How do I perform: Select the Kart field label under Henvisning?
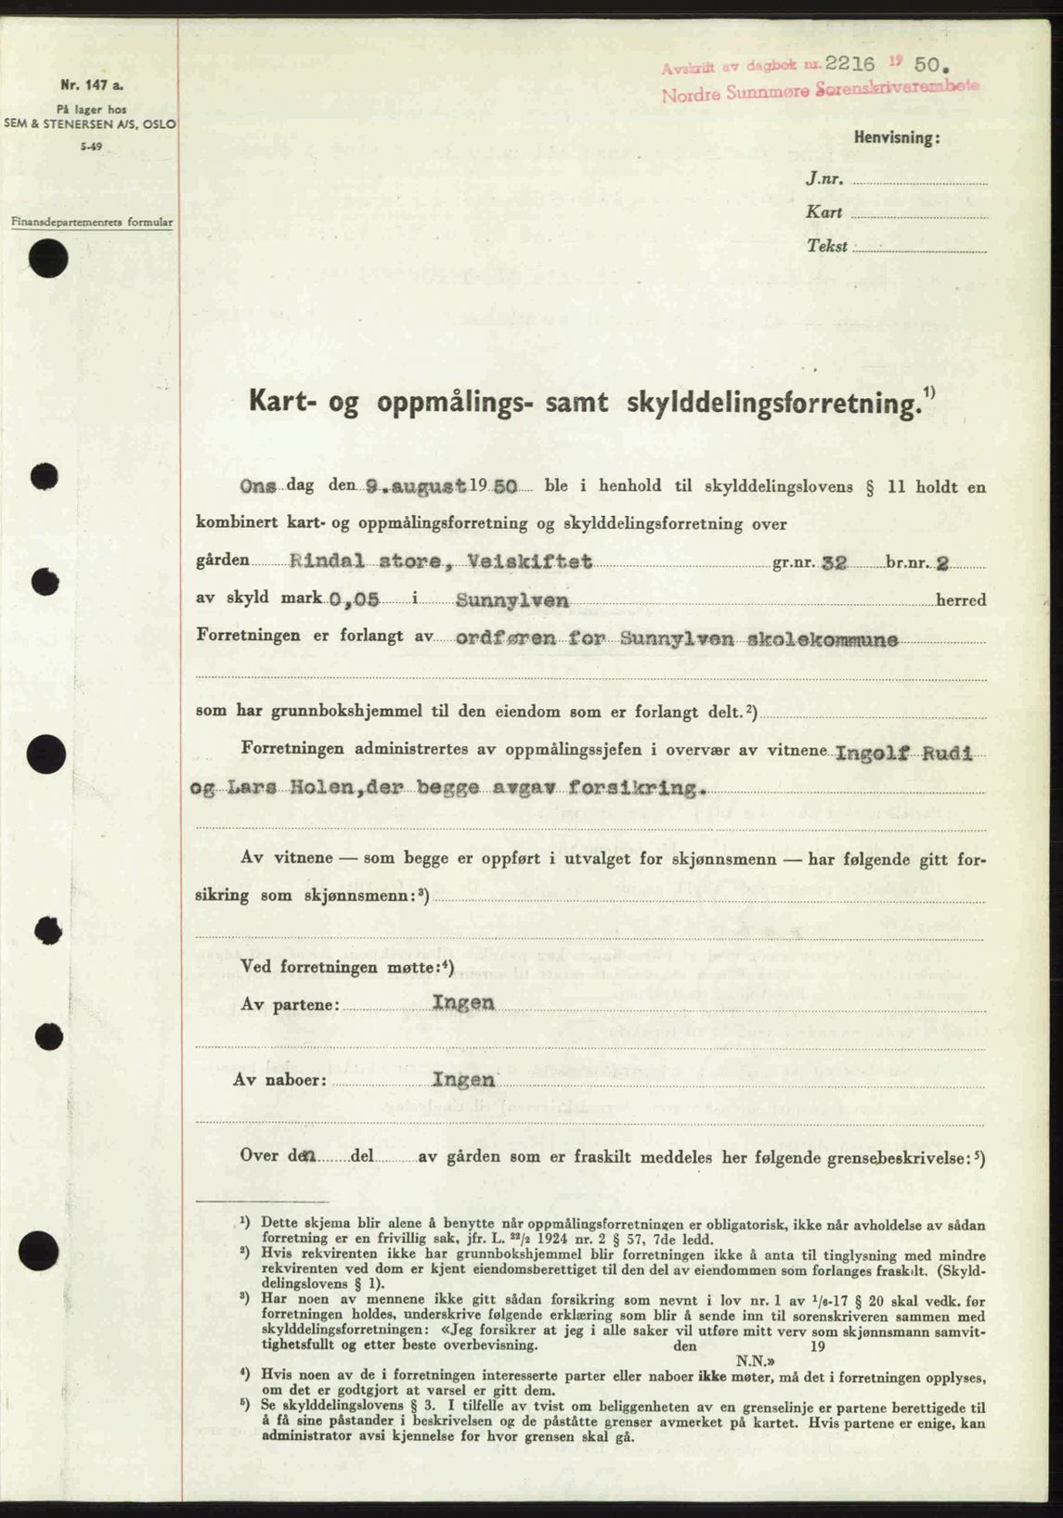[x=823, y=212]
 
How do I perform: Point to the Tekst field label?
[x=827, y=247]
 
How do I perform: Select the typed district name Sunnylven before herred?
[x=512, y=600]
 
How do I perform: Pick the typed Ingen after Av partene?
[x=462, y=1003]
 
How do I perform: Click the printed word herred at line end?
[x=961, y=600]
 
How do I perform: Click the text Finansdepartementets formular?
[x=92, y=223]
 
